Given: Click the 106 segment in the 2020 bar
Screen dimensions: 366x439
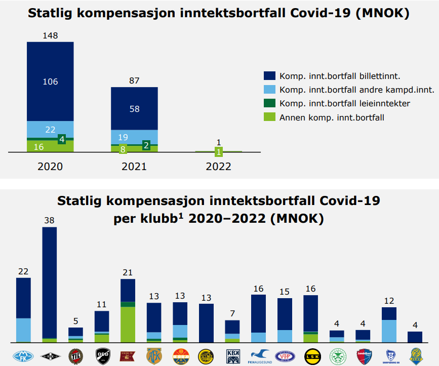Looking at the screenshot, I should tap(50, 82).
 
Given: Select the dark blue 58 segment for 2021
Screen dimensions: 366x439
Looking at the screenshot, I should tap(134, 108).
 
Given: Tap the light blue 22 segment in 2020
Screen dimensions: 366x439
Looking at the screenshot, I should tap(50, 129).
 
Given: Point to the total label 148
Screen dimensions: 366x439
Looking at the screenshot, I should tap(50, 36).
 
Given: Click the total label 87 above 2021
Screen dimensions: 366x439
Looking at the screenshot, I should tap(134, 80).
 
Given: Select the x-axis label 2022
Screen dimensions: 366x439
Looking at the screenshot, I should tap(218, 167).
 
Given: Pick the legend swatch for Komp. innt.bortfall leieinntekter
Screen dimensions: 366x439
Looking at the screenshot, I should tap(269, 103).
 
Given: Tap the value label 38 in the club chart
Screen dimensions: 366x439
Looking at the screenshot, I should tap(49, 221).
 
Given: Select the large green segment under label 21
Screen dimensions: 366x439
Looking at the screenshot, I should tap(128, 324).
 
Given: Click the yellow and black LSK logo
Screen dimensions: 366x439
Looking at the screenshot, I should tap(310, 354).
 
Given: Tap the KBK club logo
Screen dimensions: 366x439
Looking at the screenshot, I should tap(232, 354).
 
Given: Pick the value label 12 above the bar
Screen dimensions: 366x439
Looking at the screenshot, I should tap(389, 301).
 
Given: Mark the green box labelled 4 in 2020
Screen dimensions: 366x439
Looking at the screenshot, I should tap(62, 139).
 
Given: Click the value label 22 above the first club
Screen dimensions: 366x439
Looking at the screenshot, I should tap(23, 271).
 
